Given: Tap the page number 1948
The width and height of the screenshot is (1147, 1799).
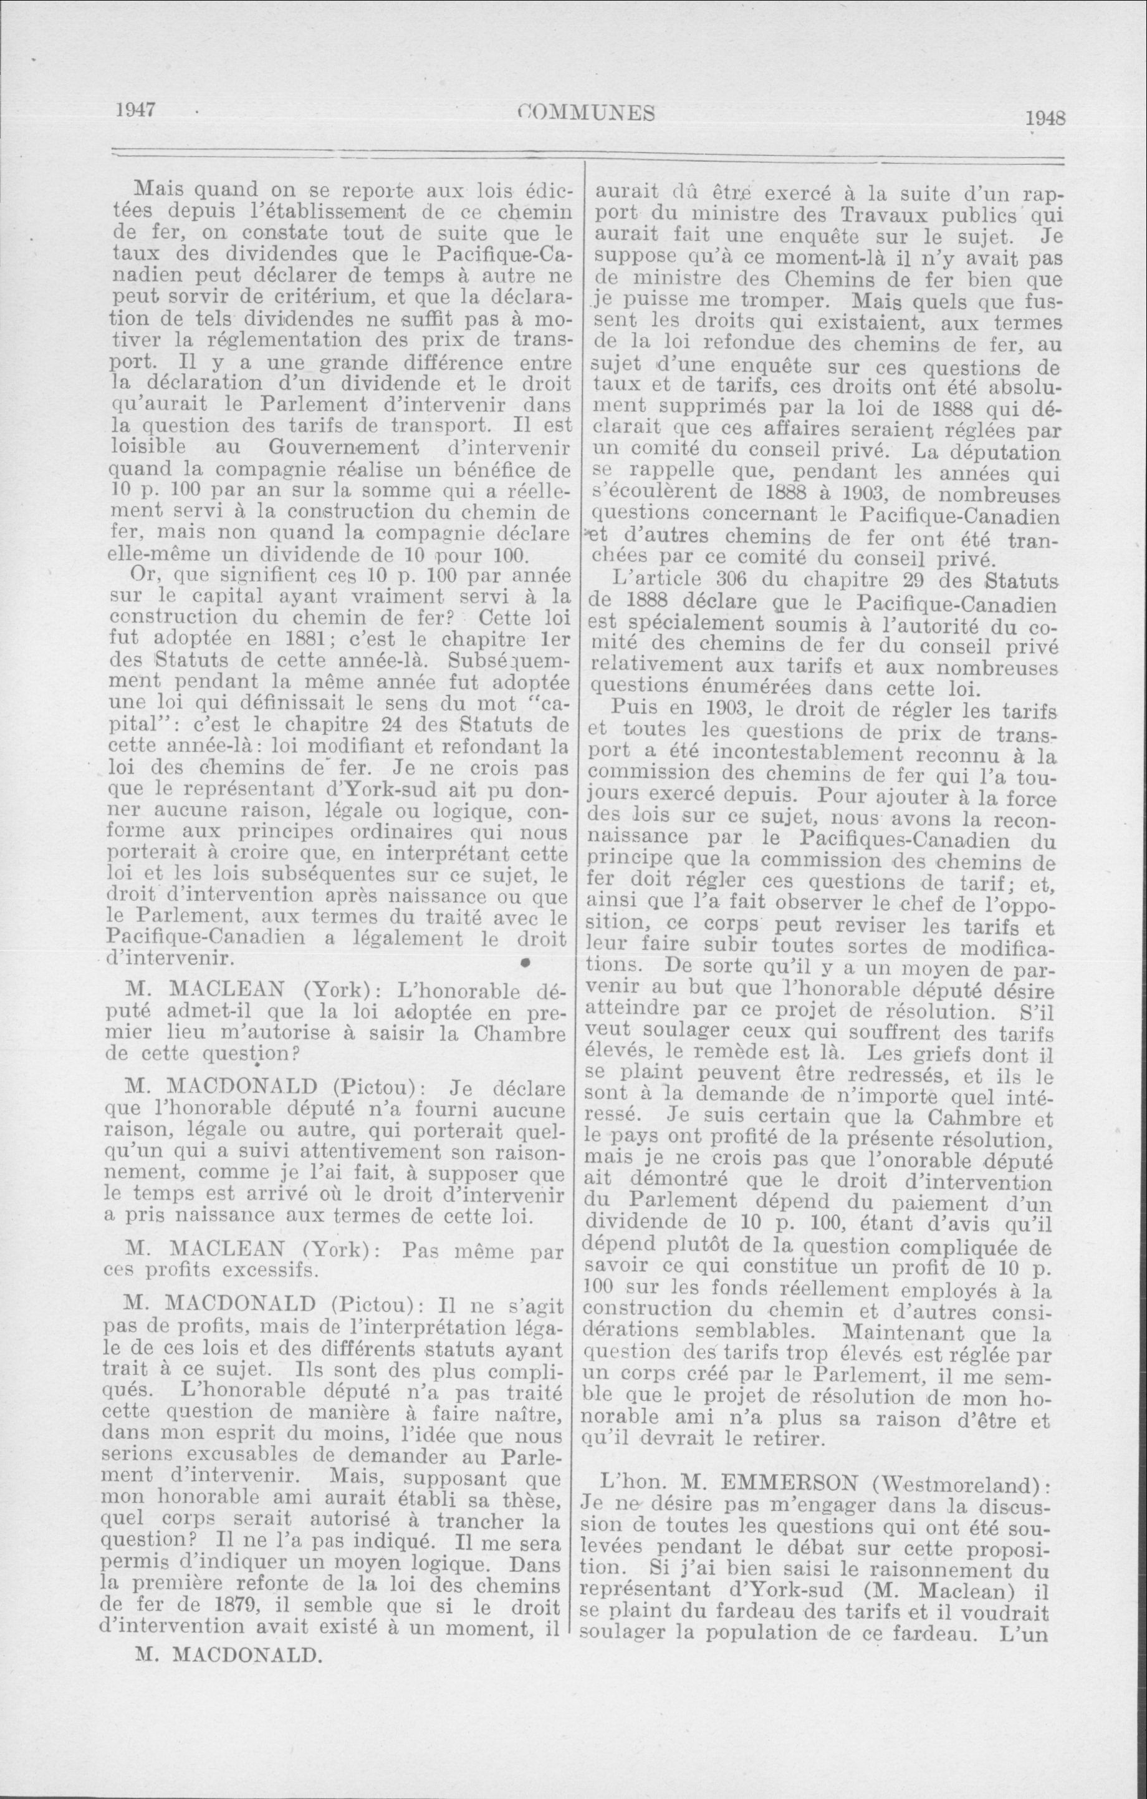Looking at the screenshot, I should point(1045,119).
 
